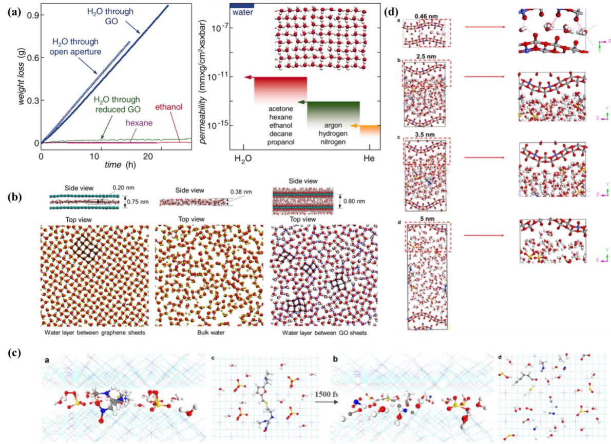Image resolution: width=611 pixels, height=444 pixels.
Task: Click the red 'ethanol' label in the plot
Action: [x=170, y=108]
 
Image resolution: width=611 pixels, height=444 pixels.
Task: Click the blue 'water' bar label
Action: [x=243, y=12]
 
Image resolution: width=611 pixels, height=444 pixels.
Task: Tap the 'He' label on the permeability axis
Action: [x=369, y=159]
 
